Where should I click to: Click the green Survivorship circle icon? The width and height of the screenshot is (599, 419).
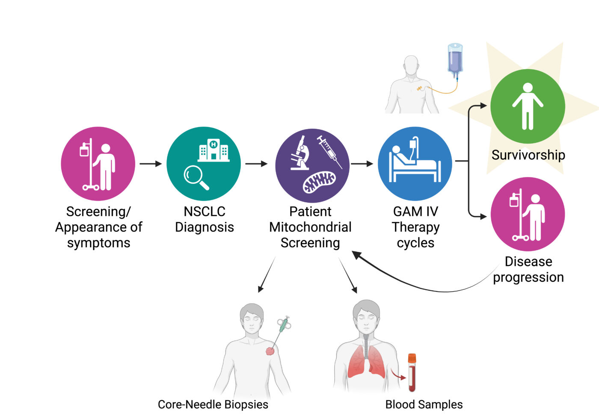[528, 106]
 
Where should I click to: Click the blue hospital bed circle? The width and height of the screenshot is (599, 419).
[415, 164]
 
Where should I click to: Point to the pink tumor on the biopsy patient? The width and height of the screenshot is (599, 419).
[270, 351]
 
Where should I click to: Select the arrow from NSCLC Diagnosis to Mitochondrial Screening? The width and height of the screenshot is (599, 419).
[256, 164]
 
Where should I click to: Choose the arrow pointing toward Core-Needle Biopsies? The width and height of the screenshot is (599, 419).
[266, 275]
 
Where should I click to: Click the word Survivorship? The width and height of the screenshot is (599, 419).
[528, 155]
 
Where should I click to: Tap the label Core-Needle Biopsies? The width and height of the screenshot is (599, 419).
[213, 404]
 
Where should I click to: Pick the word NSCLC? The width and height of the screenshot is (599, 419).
[204, 212]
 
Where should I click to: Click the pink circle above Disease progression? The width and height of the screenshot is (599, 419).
[528, 214]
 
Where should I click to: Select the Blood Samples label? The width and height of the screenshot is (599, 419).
[424, 404]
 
